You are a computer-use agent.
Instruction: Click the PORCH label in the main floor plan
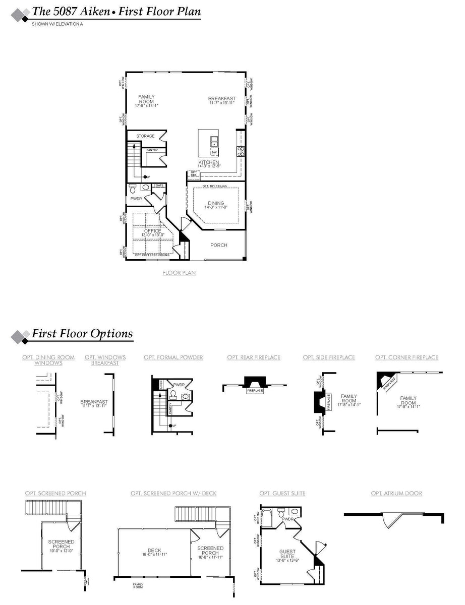[219, 245]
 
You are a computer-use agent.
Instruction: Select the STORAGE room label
[145, 136]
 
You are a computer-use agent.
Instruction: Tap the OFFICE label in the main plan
[153, 231]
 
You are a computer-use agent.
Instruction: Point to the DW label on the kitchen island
[214, 152]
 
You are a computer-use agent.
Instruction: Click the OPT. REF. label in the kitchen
[193, 173]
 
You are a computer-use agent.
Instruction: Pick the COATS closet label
[158, 185]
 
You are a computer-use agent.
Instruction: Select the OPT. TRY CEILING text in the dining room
[214, 187]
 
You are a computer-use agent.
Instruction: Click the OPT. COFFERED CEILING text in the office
[152, 255]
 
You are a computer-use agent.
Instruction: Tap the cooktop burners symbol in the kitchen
[241, 150]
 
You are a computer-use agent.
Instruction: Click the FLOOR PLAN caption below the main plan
[179, 273]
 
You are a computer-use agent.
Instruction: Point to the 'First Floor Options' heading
[82, 334]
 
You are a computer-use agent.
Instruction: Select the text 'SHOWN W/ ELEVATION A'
[57, 24]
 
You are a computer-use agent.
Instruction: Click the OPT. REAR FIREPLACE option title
[254, 357]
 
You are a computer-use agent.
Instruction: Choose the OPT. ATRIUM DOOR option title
[396, 493]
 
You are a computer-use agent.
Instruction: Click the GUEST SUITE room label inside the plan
[287, 554]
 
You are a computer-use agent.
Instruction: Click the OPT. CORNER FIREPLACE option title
[406, 357]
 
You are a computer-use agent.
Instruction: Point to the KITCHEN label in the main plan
[209, 162]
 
